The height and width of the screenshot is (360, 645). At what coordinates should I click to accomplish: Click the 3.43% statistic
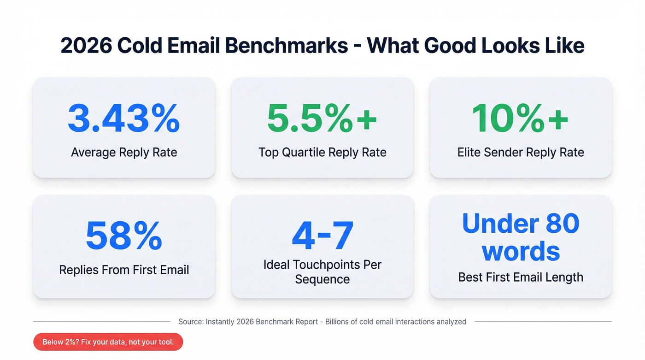coord(123,118)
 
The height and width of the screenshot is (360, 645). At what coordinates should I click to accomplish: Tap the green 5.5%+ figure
coord(322,118)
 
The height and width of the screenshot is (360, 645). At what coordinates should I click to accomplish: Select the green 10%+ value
coord(520,118)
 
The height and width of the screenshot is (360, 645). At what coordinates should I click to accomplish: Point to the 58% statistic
coord(123,236)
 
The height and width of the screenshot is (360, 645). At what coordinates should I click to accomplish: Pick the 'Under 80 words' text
coord(521,237)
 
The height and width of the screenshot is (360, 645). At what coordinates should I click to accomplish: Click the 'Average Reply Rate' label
coord(124,153)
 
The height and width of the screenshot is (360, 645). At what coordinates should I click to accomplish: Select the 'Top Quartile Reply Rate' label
coord(322,153)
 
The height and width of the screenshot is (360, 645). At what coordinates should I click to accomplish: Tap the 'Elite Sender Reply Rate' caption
coord(521,153)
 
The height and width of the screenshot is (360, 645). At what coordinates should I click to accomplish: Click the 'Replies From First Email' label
coord(124,270)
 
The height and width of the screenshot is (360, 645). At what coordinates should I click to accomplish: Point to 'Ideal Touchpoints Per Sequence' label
coord(322,272)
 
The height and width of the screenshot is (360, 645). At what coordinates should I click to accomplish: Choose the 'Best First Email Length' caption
coord(521,277)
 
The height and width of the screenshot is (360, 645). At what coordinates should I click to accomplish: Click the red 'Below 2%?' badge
coord(108,342)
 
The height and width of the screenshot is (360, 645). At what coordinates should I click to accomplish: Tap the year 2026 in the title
coord(85,46)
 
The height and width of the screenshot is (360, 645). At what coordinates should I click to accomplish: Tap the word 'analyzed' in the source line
coord(450,322)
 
